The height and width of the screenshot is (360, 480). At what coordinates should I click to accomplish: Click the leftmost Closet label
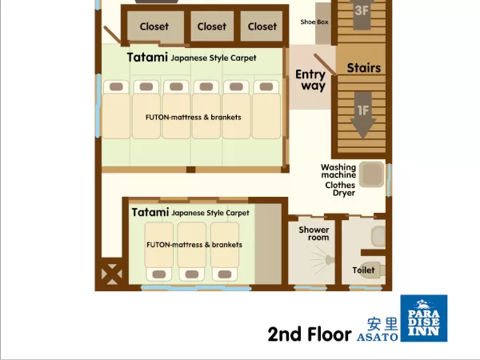tap(154, 26)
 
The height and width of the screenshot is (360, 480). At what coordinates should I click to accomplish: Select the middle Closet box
tap(212, 26)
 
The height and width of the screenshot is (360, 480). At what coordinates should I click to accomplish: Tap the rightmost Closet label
tap(262, 26)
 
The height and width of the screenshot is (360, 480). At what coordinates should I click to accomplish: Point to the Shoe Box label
tap(314, 22)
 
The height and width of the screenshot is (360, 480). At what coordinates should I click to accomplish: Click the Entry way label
tap(310, 80)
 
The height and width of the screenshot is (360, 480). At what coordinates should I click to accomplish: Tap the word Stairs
tap(364, 68)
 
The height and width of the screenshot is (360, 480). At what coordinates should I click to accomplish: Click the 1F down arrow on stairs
tap(363, 115)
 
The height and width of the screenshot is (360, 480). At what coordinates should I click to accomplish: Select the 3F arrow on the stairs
tap(362, 13)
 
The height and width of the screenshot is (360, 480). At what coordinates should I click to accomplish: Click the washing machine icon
tap(371, 174)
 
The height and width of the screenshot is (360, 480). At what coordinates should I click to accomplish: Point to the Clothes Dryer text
tap(340, 189)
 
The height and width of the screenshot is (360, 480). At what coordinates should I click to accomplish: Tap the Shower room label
tap(314, 234)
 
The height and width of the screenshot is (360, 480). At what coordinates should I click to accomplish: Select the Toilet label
tap(363, 270)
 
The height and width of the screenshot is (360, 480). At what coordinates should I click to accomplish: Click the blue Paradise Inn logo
tap(424, 318)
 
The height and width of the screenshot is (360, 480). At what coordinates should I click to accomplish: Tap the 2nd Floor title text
tap(310, 334)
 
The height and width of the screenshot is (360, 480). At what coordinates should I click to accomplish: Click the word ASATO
tap(378, 337)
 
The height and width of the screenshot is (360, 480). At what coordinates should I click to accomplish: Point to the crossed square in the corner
tap(112, 274)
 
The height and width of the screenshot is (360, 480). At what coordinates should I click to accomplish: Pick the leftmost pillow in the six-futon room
tap(116, 86)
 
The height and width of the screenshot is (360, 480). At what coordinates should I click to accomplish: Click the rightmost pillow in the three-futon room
tap(225, 274)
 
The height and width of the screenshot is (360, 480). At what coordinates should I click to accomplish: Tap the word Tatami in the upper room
tap(147, 58)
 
